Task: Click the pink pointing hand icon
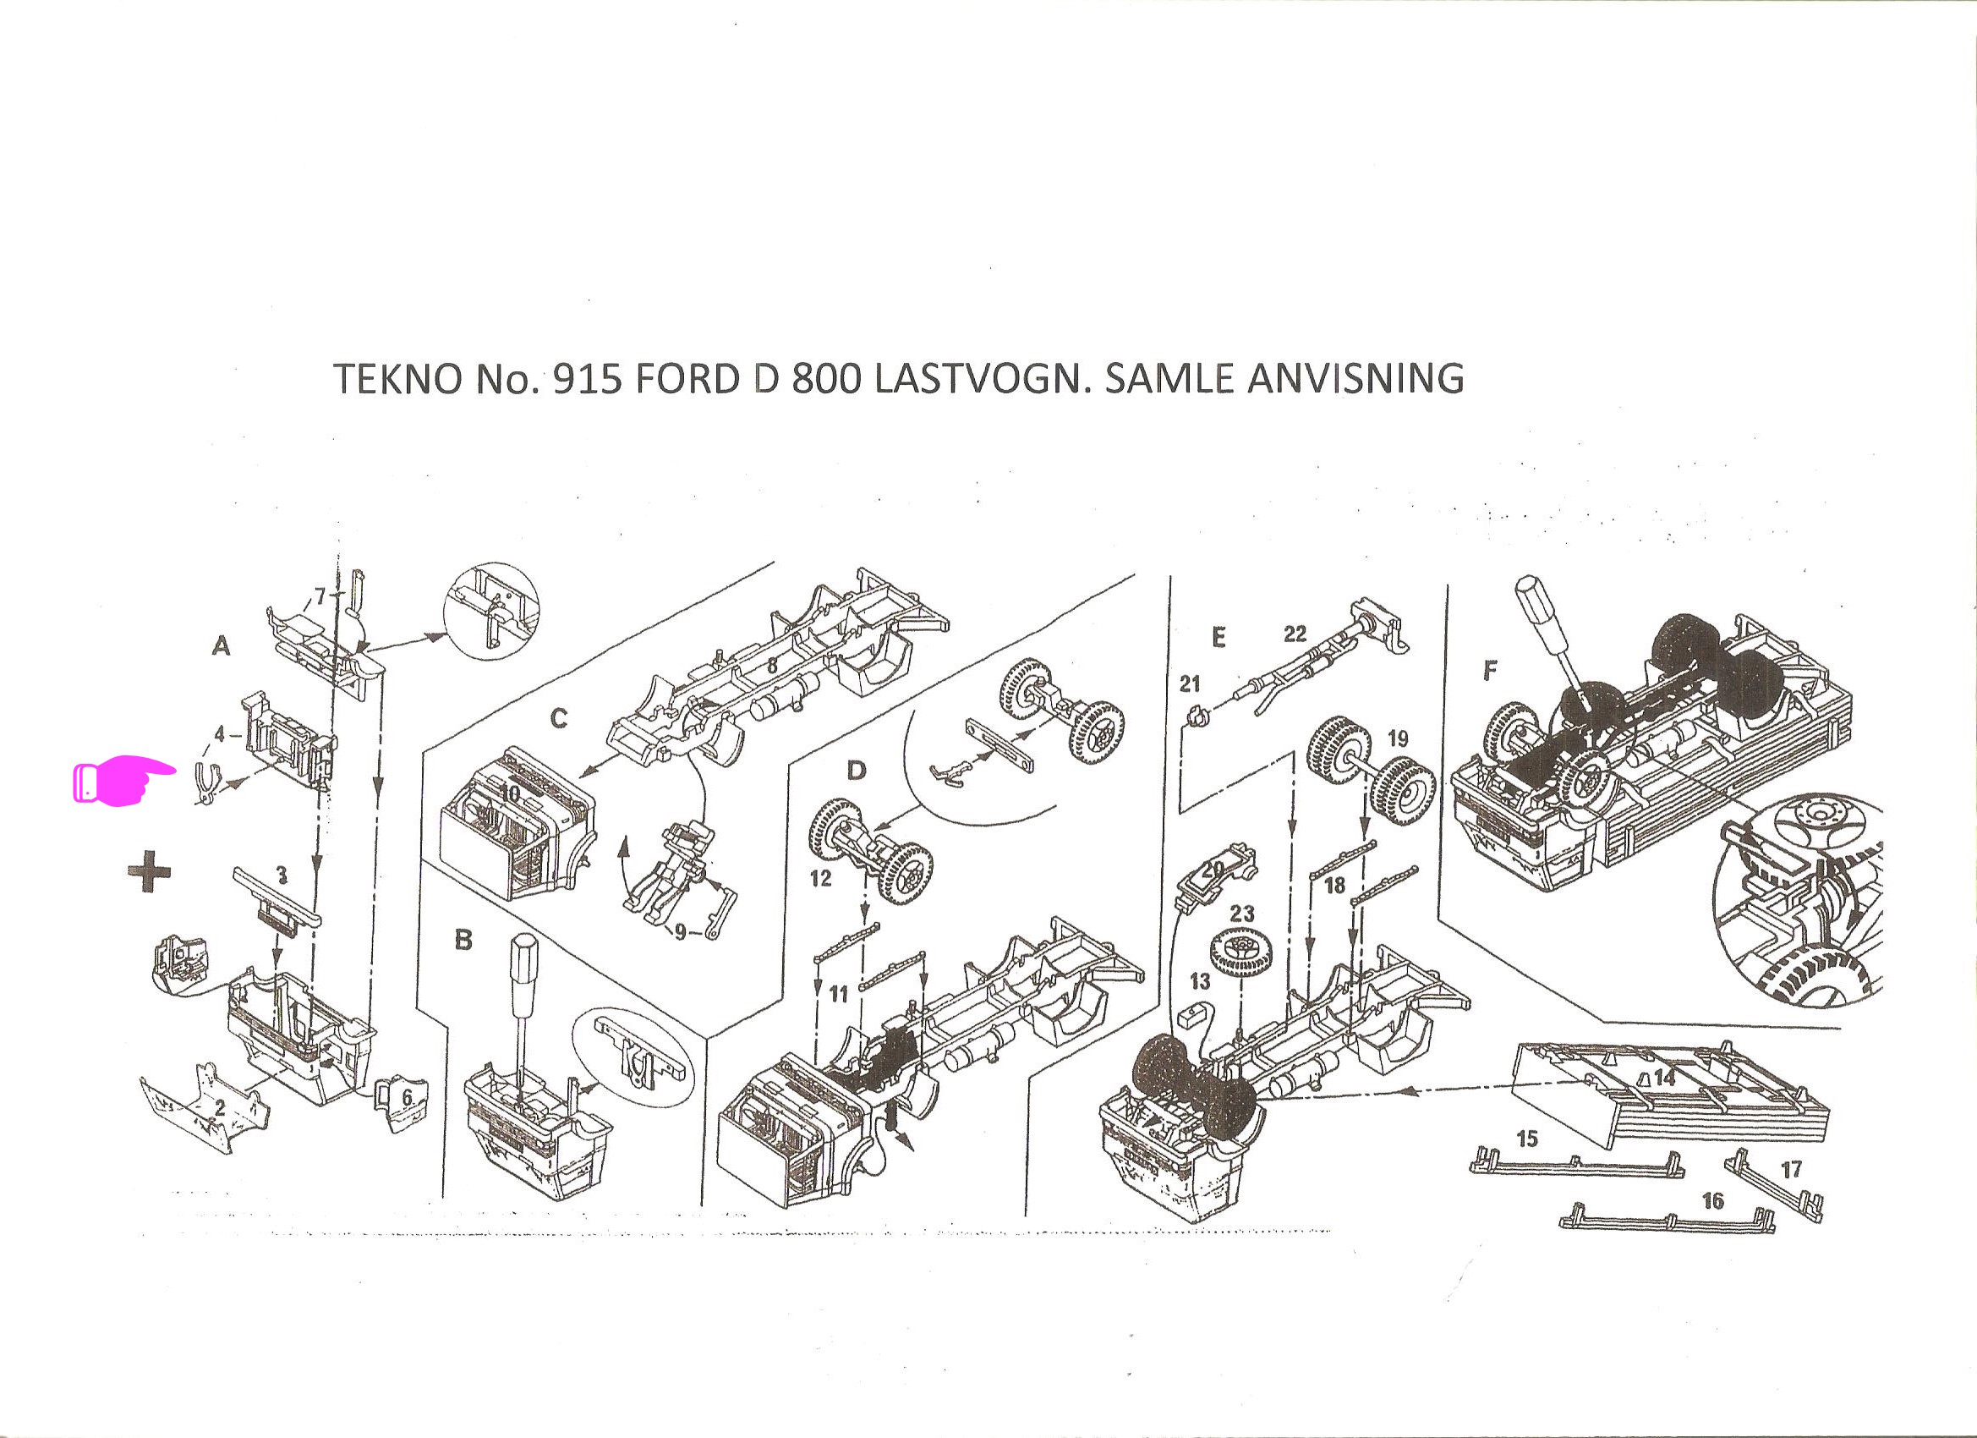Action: tap(123, 782)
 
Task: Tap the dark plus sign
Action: tap(150, 871)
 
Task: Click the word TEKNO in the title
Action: tap(397, 379)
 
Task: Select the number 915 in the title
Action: tap(588, 379)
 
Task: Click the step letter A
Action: tap(222, 646)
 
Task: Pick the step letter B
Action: tap(463, 939)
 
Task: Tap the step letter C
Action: tap(559, 718)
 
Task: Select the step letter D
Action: tap(857, 771)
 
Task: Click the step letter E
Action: tap(1219, 638)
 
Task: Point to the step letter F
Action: tap(1490, 670)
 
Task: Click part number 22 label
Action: tap(1295, 633)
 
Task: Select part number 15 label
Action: tap(1527, 1138)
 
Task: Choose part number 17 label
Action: tap(1790, 1168)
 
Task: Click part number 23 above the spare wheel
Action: tap(1241, 913)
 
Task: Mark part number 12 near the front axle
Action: tap(820, 878)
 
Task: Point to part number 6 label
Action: tap(406, 1097)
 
